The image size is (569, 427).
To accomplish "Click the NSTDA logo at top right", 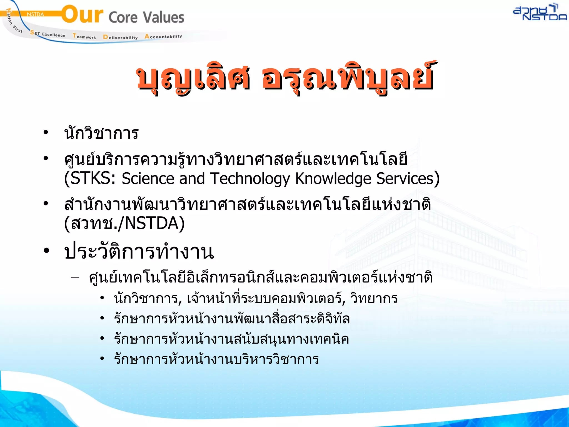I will click(x=539, y=13).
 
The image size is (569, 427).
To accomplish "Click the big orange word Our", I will click(x=82, y=15).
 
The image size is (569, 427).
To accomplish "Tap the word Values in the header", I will click(x=164, y=18).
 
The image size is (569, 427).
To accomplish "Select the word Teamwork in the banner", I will click(x=84, y=36).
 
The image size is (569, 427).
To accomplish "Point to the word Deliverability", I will click(x=120, y=37).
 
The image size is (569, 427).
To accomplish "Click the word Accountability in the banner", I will click(x=163, y=36).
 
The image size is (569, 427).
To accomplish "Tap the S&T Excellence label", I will click(x=48, y=34).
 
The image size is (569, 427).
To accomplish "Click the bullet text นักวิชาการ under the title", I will click(x=101, y=133).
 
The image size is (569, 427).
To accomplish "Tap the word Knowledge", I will click(x=333, y=178).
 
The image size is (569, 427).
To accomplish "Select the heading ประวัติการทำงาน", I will click(x=139, y=252).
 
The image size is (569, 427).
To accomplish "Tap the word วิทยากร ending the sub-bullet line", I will click(x=374, y=299).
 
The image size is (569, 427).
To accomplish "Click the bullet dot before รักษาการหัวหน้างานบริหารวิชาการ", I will click(x=102, y=359).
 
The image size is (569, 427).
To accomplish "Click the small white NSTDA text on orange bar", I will click(x=35, y=14).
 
